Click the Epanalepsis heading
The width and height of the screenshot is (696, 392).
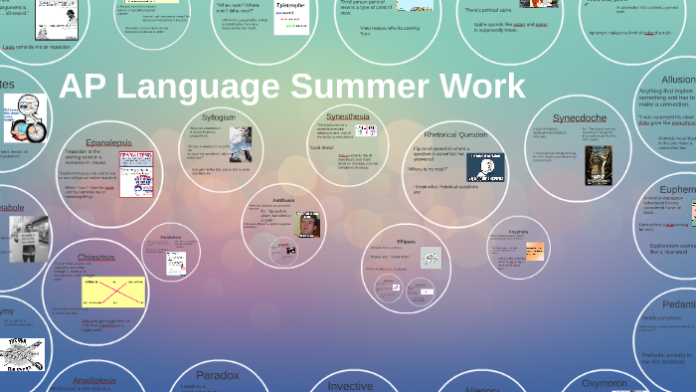[108, 142]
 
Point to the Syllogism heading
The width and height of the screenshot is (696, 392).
[219, 117]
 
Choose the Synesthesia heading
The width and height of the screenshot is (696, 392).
[347, 116]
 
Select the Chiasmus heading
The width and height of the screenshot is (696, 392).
[96, 257]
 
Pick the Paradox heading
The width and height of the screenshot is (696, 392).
[217, 375]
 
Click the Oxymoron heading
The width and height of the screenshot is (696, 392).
[605, 383]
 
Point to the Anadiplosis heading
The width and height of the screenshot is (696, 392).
[95, 380]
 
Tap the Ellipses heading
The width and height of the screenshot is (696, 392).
[405, 242]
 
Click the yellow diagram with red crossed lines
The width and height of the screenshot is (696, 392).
[108, 292]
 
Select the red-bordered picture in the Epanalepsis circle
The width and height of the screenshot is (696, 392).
[135, 173]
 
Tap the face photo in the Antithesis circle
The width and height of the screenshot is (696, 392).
[309, 224]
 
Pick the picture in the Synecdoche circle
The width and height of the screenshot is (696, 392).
[598, 165]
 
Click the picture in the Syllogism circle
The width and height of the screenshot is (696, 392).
[240, 144]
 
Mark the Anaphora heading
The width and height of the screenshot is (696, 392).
[518, 231]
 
